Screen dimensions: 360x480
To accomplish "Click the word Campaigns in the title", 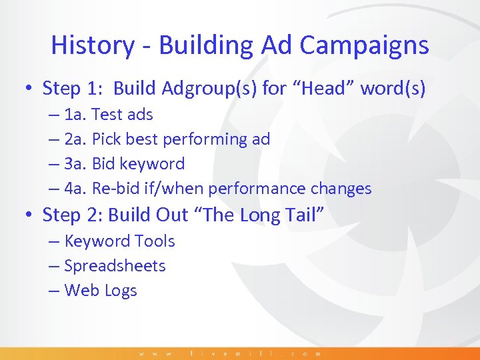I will pyautogui.click(x=365, y=45).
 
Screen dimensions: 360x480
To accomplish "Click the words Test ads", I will pyautogui.click(x=122, y=115).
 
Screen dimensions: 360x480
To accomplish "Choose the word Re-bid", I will pyautogui.click(x=114, y=189).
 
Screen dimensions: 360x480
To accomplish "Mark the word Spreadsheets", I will pyautogui.click(x=115, y=266).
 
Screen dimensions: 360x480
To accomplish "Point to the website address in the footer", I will pyautogui.click(x=230, y=353).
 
